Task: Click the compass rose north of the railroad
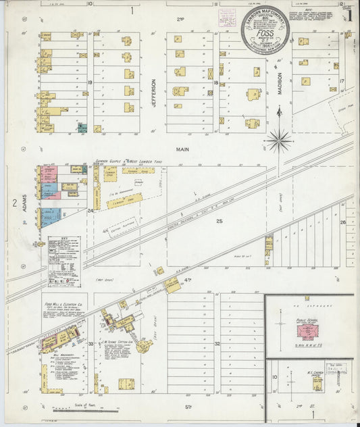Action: tap(279, 141)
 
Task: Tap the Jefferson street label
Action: tap(153, 91)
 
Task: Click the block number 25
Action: tap(219, 221)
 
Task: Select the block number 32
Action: tap(218, 343)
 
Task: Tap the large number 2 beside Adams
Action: tap(13, 202)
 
